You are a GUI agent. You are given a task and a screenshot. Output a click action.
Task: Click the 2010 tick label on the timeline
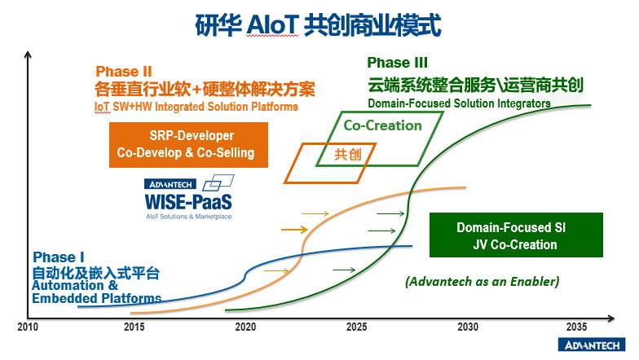pos(28,327)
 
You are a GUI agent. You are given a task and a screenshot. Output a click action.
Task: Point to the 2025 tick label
pos(357,327)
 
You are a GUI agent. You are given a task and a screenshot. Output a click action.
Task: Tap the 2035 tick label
pos(577,327)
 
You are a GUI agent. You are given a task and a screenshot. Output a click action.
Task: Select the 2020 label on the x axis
pos(245,327)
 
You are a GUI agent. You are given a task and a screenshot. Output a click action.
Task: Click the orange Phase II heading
pos(124,72)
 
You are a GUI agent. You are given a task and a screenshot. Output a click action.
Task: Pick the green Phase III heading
pos(398,63)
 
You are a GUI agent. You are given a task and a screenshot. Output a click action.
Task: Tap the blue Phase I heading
pos(59,257)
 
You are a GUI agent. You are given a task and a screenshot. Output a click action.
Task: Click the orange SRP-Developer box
pos(188,145)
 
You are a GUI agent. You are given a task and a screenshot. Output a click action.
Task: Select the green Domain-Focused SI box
pos(516,235)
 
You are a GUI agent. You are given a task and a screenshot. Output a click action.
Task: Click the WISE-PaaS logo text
pos(188,202)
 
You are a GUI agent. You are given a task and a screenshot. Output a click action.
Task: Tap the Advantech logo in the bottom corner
pos(592,345)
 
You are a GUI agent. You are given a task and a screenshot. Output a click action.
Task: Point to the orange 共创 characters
pos(348,155)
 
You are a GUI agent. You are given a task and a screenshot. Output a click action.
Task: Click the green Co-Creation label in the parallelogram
pos(383,125)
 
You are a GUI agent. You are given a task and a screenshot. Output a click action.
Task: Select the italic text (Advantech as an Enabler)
pos(483,282)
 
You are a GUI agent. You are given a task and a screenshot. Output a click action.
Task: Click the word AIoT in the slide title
pos(272,25)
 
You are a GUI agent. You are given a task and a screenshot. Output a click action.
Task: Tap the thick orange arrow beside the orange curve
pos(294,230)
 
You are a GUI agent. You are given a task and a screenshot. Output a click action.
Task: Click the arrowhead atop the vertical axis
pos(28,54)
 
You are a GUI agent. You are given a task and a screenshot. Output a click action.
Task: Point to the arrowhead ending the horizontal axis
pos(611,318)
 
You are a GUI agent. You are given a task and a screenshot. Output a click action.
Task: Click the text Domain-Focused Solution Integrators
pos(459,103)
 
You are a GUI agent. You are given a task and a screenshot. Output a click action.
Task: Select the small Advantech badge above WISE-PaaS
pos(170,184)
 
